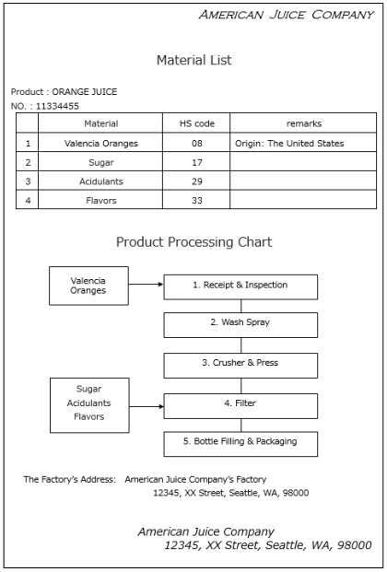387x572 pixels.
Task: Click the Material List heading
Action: (x=193, y=60)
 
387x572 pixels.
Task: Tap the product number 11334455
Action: (x=57, y=106)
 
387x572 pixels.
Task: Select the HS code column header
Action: (x=197, y=123)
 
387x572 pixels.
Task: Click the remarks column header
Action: (x=304, y=123)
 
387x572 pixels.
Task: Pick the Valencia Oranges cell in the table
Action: (x=101, y=144)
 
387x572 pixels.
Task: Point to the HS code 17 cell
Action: (x=197, y=162)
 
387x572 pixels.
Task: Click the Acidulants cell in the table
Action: (x=101, y=181)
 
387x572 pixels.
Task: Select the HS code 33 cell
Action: (x=197, y=200)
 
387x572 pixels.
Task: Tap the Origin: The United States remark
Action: (x=289, y=144)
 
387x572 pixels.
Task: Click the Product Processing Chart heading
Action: (x=193, y=242)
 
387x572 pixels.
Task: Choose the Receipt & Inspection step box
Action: (x=240, y=287)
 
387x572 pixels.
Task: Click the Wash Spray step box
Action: (x=240, y=324)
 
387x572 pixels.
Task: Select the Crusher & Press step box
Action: (x=240, y=365)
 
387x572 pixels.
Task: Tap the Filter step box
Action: (x=240, y=405)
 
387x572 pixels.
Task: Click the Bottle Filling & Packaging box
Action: (x=240, y=444)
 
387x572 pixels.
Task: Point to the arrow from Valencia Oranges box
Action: (x=146, y=284)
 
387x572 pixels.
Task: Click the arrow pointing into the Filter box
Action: (x=147, y=406)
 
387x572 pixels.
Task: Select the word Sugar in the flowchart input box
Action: (x=88, y=390)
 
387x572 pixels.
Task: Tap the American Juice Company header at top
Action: (x=287, y=15)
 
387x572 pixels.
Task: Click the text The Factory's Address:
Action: (x=69, y=479)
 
